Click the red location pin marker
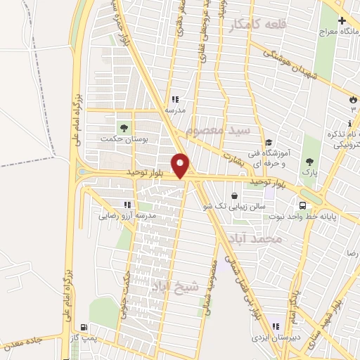[181, 165]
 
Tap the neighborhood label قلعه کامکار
[258, 26]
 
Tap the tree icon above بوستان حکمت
[124, 128]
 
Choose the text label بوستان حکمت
[124, 141]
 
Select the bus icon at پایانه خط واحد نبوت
[302, 205]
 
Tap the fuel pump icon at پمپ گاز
[85, 327]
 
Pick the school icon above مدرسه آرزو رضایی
[127, 205]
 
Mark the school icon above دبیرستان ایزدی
[276, 326]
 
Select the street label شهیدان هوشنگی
[285, 62]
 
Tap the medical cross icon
[342, 20]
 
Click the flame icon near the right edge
[352, 100]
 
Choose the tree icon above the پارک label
[309, 160]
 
